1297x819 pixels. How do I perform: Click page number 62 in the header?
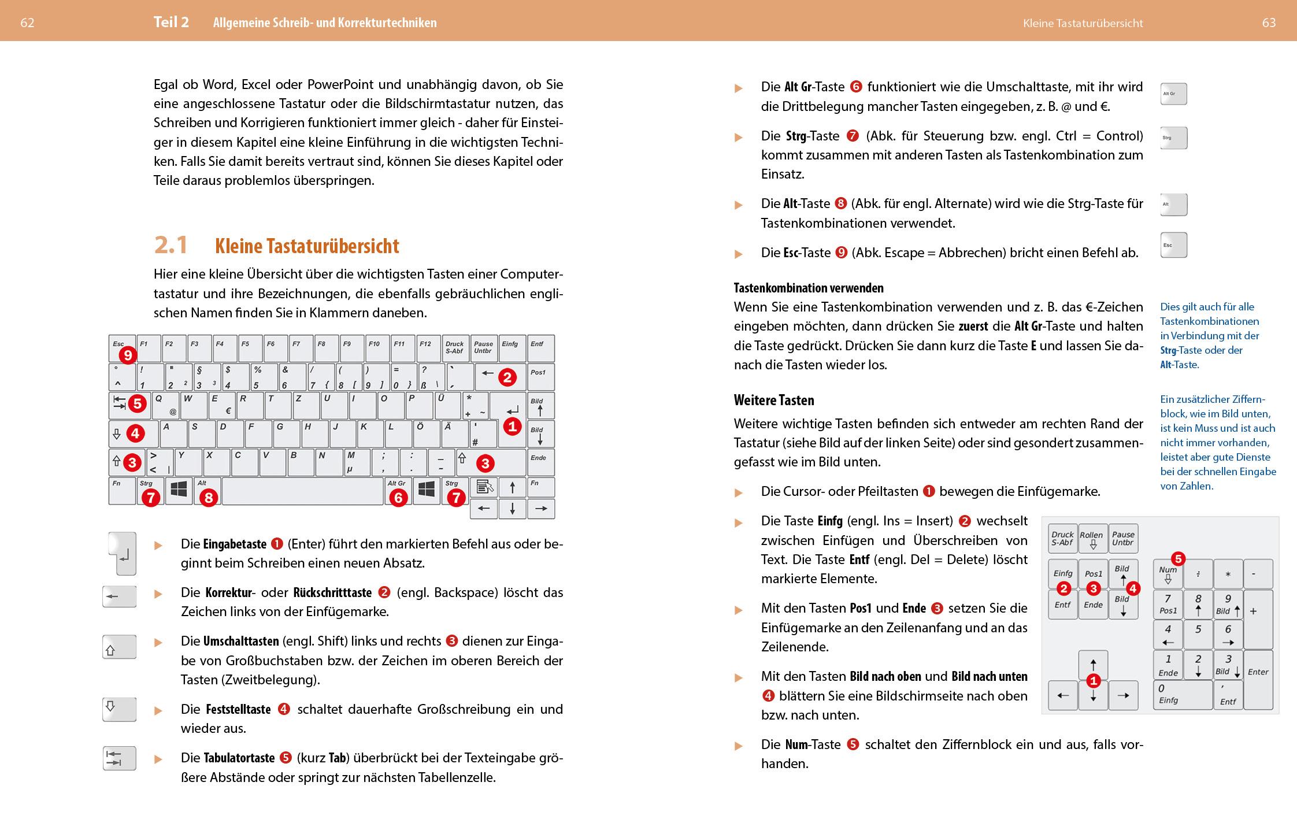[27, 23]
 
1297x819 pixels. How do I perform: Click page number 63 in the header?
[1269, 23]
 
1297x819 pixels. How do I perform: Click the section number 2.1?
[171, 245]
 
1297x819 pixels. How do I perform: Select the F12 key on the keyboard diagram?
[428, 349]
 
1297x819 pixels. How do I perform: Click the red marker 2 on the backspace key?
[507, 377]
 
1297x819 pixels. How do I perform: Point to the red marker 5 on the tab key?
[137, 403]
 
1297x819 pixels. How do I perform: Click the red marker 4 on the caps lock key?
[135, 432]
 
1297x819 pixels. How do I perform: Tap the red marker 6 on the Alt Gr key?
[398, 497]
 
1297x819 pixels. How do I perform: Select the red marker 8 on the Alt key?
[208, 497]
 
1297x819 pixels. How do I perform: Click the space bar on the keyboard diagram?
[303, 491]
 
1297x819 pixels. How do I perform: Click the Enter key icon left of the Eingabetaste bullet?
[123, 554]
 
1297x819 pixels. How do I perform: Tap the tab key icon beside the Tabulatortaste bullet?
[119, 758]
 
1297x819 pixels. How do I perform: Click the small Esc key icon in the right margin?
[1173, 245]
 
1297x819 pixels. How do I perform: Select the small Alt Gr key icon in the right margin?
[1173, 94]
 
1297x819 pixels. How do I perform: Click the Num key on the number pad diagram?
[1168, 575]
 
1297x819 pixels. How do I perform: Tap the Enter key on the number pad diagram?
[1258, 679]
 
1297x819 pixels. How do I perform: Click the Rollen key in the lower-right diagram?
[1092, 539]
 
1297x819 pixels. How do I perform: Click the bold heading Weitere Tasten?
[773, 400]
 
